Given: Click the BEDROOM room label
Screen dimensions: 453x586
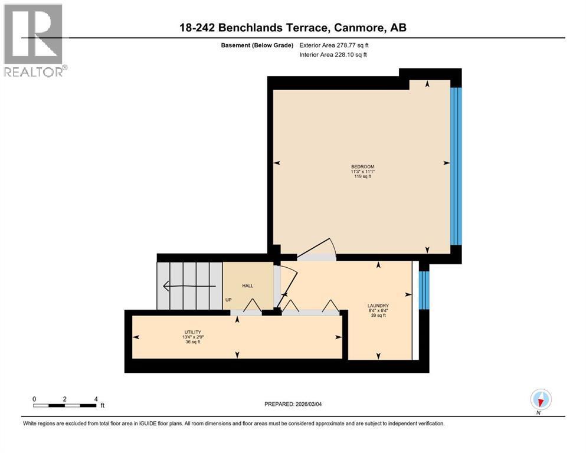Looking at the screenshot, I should point(362,166).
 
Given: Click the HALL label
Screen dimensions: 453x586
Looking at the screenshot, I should point(247,285).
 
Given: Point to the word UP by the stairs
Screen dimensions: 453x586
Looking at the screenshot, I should point(227,300).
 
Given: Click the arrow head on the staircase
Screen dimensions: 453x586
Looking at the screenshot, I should point(166,287).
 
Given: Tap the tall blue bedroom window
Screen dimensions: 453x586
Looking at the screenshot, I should point(455,166).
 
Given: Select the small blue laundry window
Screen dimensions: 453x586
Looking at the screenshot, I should point(423,290).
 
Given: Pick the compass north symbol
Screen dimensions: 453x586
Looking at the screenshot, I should point(541,400).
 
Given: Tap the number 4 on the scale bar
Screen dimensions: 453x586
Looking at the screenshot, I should point(96,398).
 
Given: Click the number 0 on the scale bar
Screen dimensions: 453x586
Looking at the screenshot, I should point(34,398).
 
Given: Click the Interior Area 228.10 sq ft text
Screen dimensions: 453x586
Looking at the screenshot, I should point(333,55).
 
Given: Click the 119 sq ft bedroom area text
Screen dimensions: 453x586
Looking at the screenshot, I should point(362,176).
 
